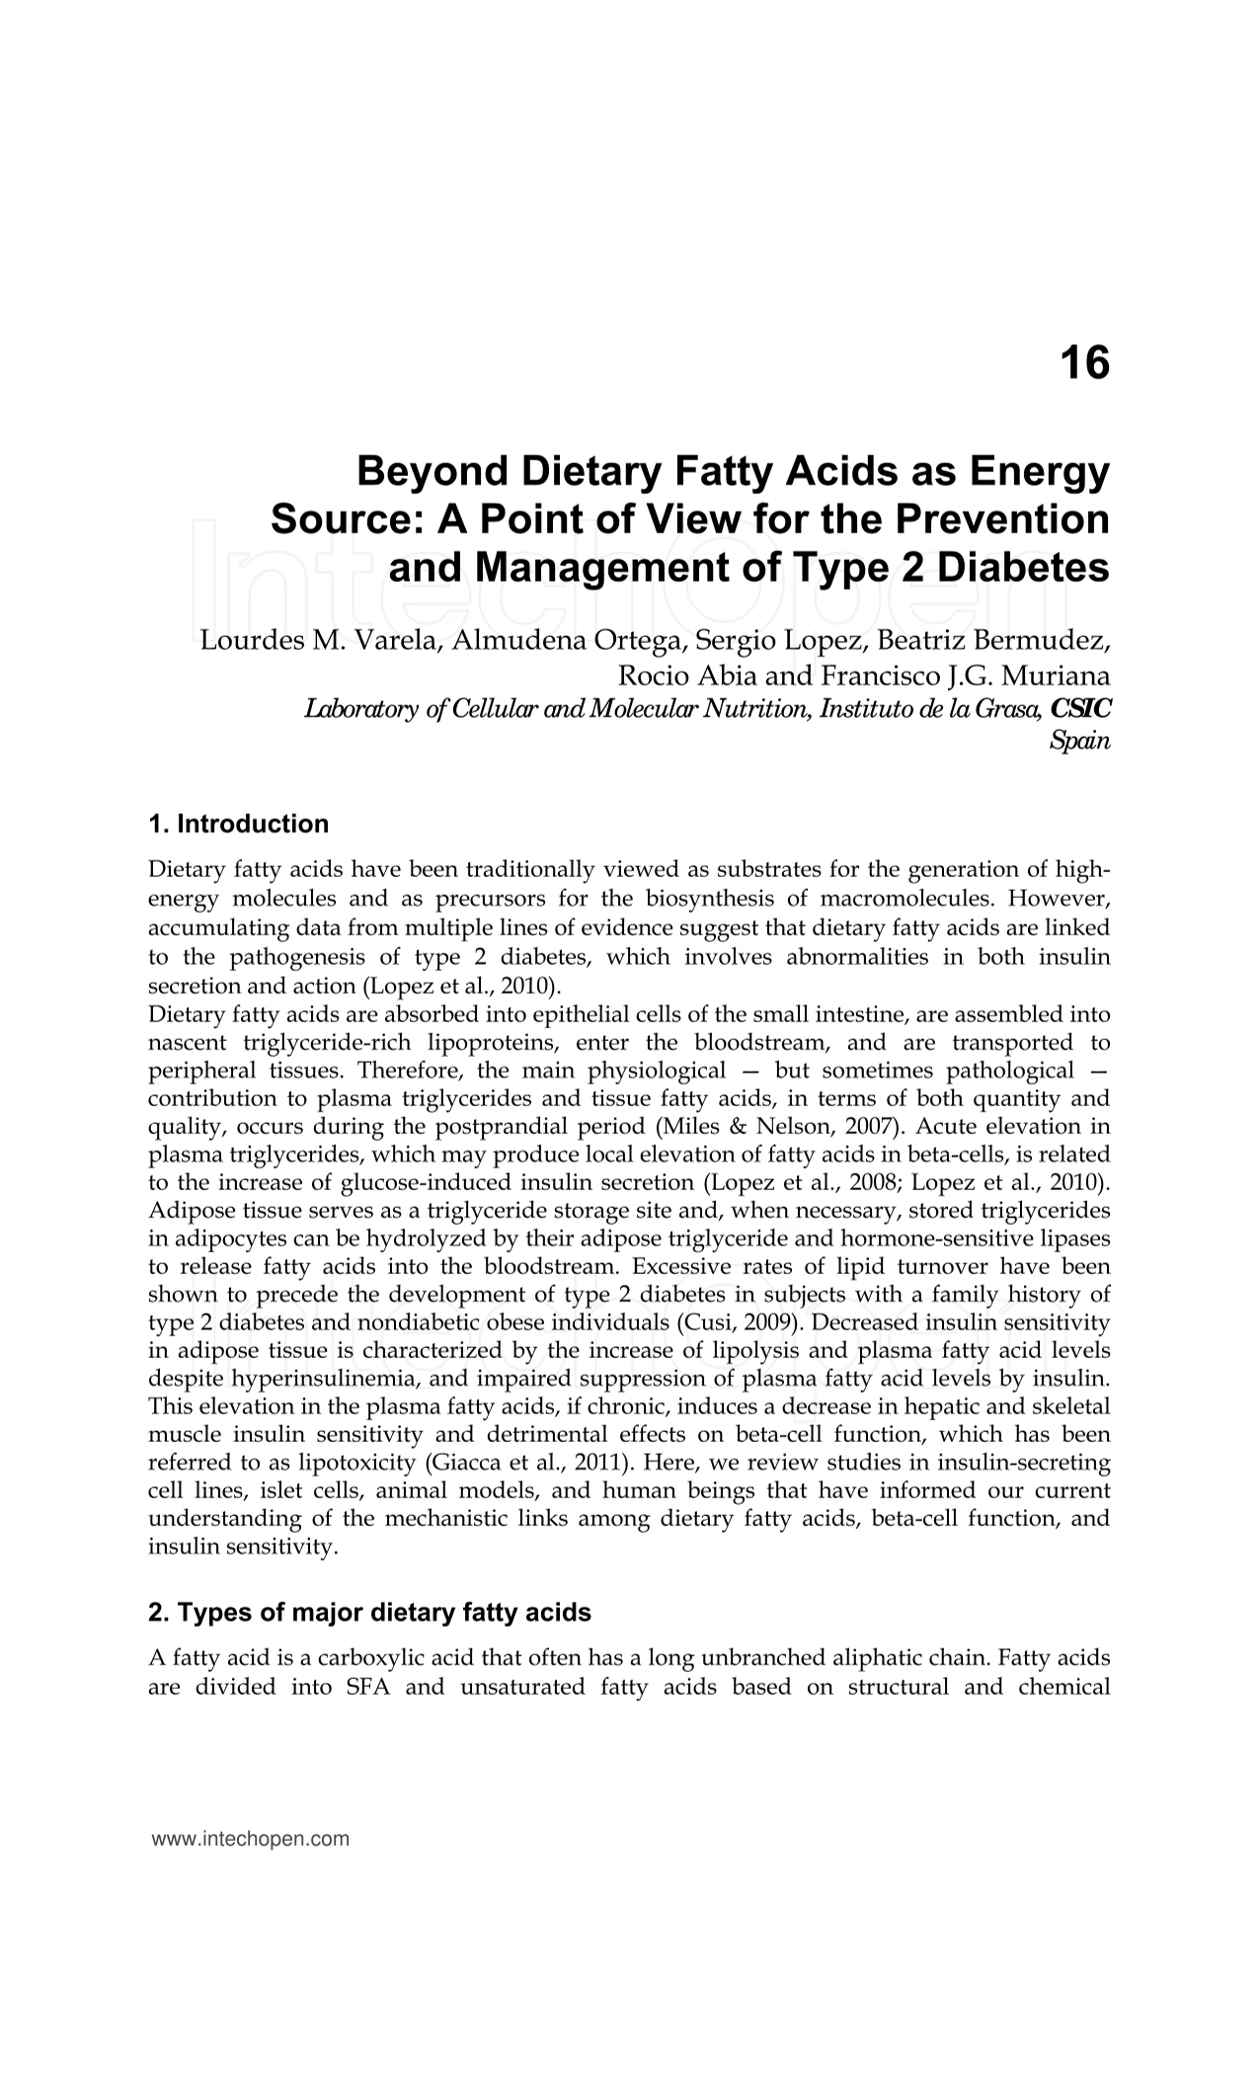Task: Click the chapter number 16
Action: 1084,363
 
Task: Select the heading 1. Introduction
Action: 238,824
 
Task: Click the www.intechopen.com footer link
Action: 251,1839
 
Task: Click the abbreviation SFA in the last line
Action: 368,1687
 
